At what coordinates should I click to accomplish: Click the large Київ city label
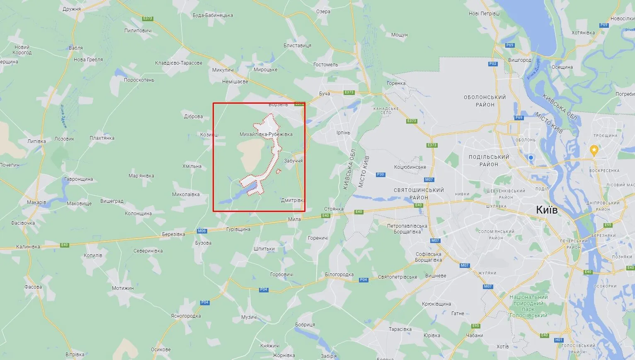(x=547, y=210)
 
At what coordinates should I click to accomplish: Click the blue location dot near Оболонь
(x=531, y=158)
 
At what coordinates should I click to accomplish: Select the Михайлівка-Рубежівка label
(x=266, y=134)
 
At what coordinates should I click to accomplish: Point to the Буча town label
(x=325, y=94)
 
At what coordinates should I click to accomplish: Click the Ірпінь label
(x=343, y=133)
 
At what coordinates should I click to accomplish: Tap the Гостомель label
(x=326, y=65)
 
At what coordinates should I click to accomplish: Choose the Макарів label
(x=36, y=202)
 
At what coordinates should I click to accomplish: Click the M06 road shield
(x=202, y=231)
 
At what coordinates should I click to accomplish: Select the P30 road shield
(x=381, y=175)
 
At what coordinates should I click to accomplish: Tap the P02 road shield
(x=493, y=64)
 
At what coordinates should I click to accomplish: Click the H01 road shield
(x=559, y=340)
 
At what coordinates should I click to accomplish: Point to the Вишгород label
(x=520, y=60)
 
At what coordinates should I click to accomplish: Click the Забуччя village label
(x=293, y=161)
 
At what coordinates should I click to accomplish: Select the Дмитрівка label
(x=293, y=200)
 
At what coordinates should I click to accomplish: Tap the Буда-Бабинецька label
(x=213, y=15)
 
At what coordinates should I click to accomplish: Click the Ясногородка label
(x=186, y=316)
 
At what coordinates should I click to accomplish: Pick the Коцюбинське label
(x=410, y=167)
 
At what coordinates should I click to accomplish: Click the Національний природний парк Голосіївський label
(x=528, y=306)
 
